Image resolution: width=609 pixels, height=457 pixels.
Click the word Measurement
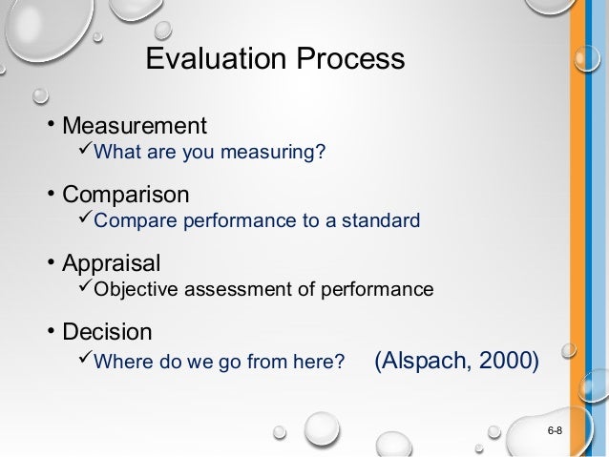pyautogui.click(x=135, y=126)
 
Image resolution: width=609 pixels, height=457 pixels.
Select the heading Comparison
pyautogui.click(x=126, y=195)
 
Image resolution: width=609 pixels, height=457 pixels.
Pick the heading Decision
pyautogui.click(x=107, y=332)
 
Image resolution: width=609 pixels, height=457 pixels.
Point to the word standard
pyautogui.click(x=383, y=221)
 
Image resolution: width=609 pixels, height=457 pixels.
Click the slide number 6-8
pyautogui.click(x=554, y=433)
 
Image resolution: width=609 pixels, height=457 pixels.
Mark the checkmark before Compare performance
pyautogui.click(x=85, y=220)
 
